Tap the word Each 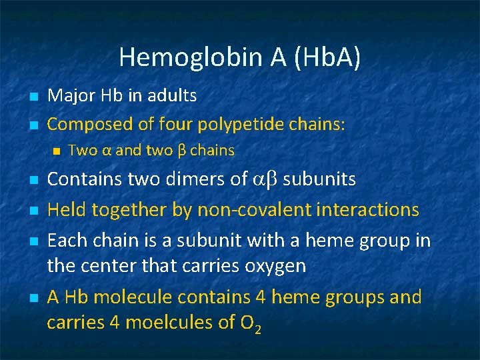[x=66, y=239]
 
